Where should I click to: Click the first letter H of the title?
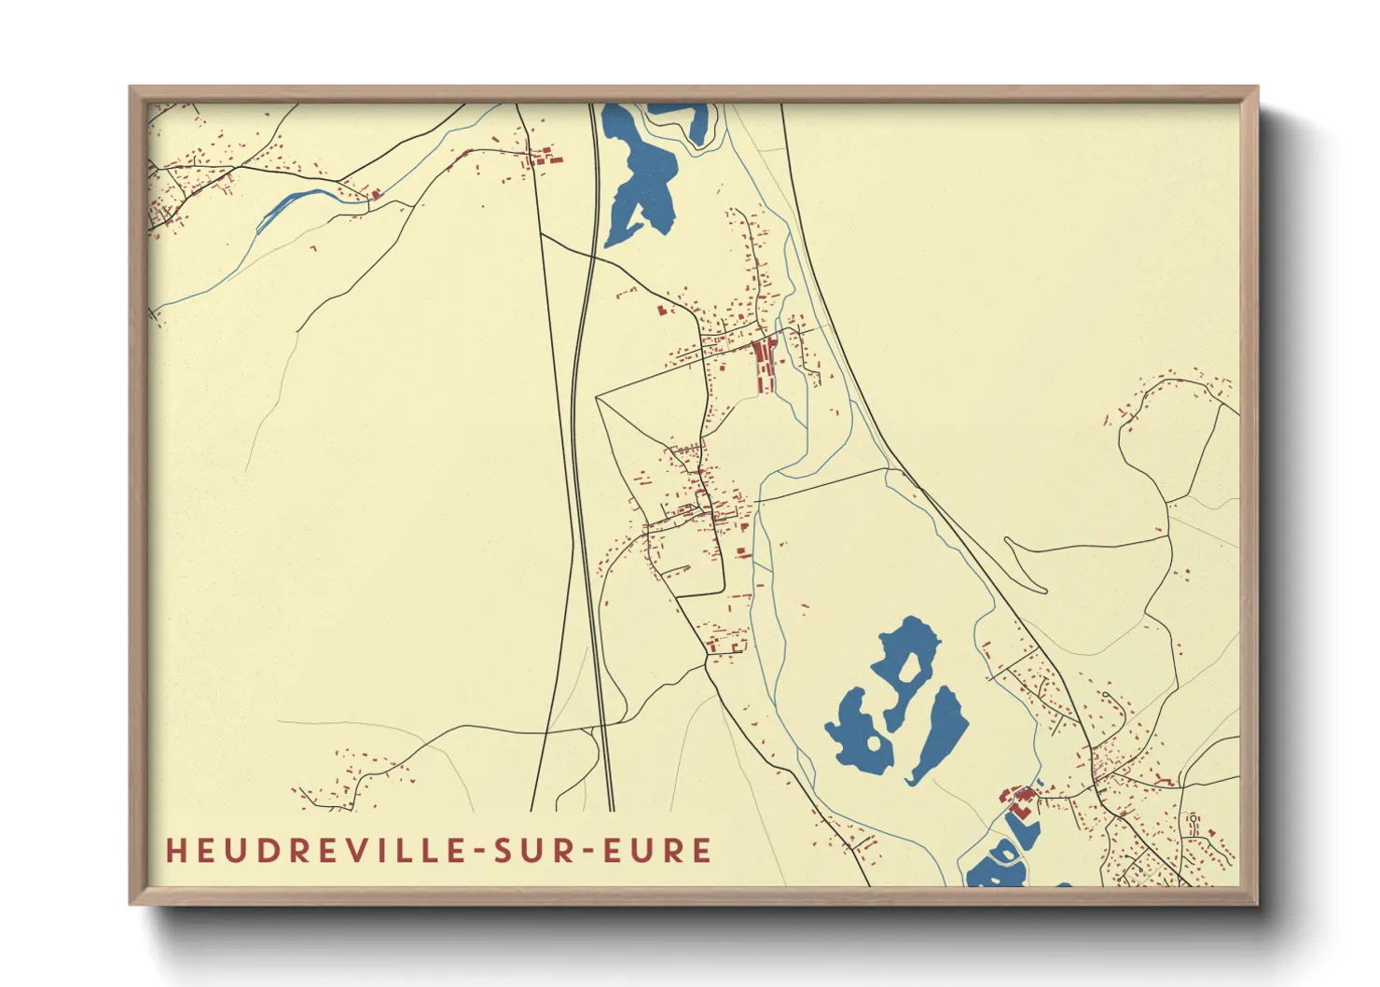(174, 851)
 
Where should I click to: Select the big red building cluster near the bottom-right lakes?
(1019, 800)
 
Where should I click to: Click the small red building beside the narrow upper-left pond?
(376, 194)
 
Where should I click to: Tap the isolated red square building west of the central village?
(664, 310)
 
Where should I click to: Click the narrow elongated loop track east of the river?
(1026, 565)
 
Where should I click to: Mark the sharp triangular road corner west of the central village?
(598, 398)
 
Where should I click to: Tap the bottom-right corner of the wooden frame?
(1256, 902)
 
